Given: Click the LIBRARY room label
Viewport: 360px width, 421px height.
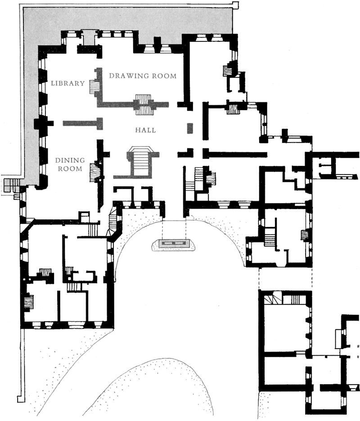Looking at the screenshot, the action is (68, 83).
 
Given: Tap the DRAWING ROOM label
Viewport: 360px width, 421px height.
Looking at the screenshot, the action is (143, 76).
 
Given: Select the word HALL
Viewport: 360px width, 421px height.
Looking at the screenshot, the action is (145, 130).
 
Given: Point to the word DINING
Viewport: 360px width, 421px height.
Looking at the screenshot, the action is (70, 160).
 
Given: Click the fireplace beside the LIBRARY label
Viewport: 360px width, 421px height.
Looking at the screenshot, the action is (94, 86).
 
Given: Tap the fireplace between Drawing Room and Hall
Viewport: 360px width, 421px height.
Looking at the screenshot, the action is (145, 104).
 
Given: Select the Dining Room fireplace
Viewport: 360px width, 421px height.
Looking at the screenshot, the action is (95, 172).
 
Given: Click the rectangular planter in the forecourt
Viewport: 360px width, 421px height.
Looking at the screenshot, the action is (173, 243).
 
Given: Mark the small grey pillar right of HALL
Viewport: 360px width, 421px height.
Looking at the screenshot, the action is (190, 128).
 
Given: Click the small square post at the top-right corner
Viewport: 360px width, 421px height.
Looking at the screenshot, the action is (235, 4).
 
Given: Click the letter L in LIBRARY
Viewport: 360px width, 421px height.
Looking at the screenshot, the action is (53, 83).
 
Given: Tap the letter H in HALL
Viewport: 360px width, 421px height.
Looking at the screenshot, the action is (138, 130).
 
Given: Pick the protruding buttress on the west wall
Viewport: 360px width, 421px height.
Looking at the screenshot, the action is (43, 123).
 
